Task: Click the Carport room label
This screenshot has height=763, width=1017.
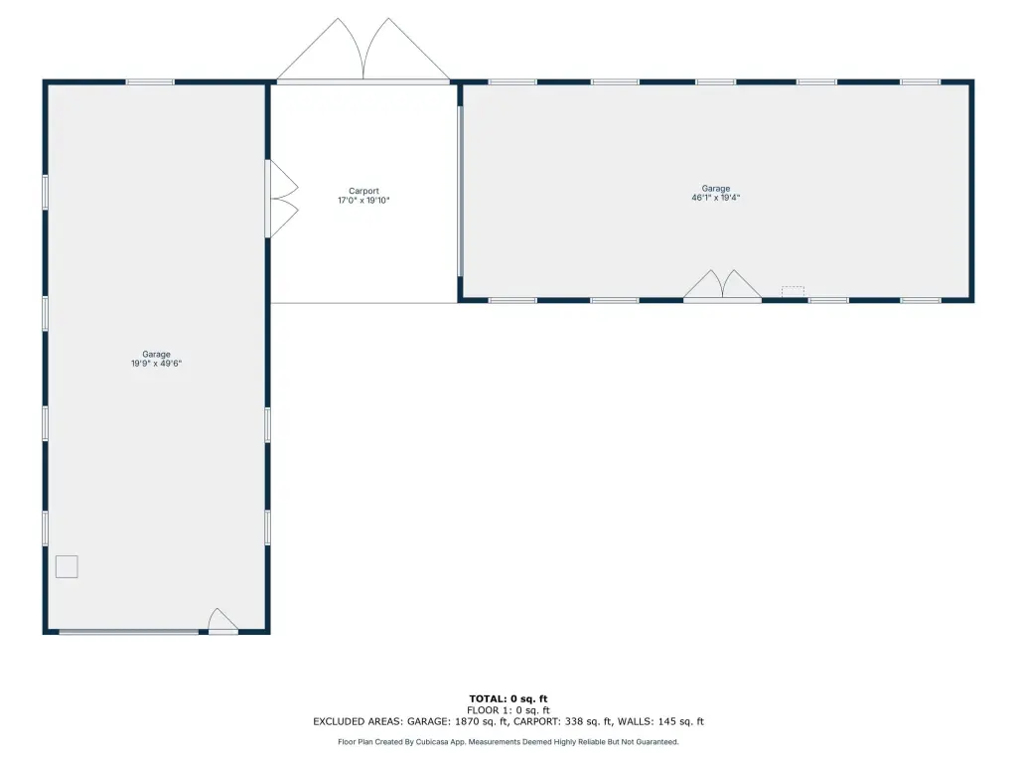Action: click(x=363, y=191)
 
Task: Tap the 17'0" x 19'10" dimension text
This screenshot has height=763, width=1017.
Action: click(x=363, y=201)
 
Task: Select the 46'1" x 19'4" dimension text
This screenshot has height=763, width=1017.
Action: click(x=716, y=198)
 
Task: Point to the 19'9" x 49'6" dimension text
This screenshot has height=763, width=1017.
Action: click(x=156, y=364)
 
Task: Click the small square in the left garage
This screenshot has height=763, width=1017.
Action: click(x=67, y=566)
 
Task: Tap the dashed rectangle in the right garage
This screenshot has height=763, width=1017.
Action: click(x=793, y=291)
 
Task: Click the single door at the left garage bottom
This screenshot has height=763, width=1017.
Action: click(x=222, y=621)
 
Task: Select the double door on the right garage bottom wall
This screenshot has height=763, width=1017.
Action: click(x=723, y=286)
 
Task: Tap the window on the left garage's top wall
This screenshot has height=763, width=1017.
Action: click(x=150, y=81)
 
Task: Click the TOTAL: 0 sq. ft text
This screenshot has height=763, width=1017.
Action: click(x=508, y=698)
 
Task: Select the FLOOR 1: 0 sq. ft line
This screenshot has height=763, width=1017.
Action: click(x=508, y=710)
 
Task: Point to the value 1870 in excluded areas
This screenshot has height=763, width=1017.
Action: click(x=468, y=721)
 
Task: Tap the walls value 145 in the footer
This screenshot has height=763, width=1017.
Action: click(x=667, y=721)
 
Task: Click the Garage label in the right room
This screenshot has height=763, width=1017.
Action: click(x=716, y=188)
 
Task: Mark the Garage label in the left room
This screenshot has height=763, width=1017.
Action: click(x=156, y=355)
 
